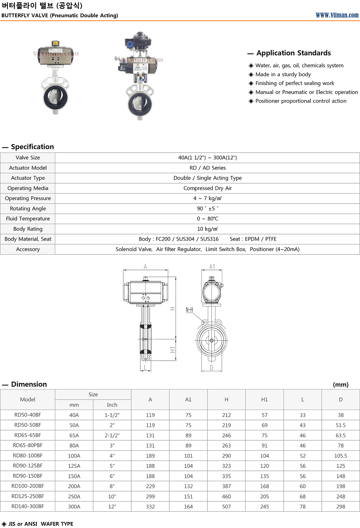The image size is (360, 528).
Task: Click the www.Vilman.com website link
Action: click(337, 15)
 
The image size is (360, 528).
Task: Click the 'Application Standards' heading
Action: click(293, 53)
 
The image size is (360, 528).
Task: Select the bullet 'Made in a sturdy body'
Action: click(283, 74)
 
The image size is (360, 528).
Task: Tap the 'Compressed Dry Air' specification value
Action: click(207, 188)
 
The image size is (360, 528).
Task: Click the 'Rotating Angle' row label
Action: click(28, 209)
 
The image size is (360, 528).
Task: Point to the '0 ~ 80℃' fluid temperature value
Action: click(207, 219)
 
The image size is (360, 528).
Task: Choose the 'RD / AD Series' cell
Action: click(207, 168)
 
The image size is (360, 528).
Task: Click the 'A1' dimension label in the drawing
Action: click(212, 267)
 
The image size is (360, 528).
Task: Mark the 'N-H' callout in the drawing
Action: click(189, 310)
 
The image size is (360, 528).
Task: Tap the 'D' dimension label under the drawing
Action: click(212, 368)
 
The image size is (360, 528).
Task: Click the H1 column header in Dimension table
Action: click(265, 400)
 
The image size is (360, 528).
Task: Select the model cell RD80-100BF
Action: click(28, 456)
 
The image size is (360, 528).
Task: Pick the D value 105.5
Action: click(340, 456)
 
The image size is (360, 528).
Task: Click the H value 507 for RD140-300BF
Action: click(226, 507)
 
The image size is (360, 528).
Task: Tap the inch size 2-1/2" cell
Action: click(112, 435)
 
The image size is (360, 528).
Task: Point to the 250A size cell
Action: click(74, 497)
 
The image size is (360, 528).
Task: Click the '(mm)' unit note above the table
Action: click(340, 385)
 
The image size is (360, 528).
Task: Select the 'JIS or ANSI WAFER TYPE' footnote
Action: click(41, 524)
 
